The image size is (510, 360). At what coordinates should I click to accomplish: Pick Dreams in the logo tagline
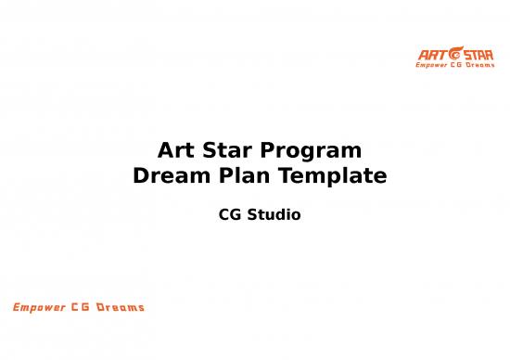click(x=472, y=65)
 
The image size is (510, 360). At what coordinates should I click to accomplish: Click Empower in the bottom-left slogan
click(x=40, y=307)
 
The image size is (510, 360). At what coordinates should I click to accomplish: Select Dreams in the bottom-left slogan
click(x=121, y=307)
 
